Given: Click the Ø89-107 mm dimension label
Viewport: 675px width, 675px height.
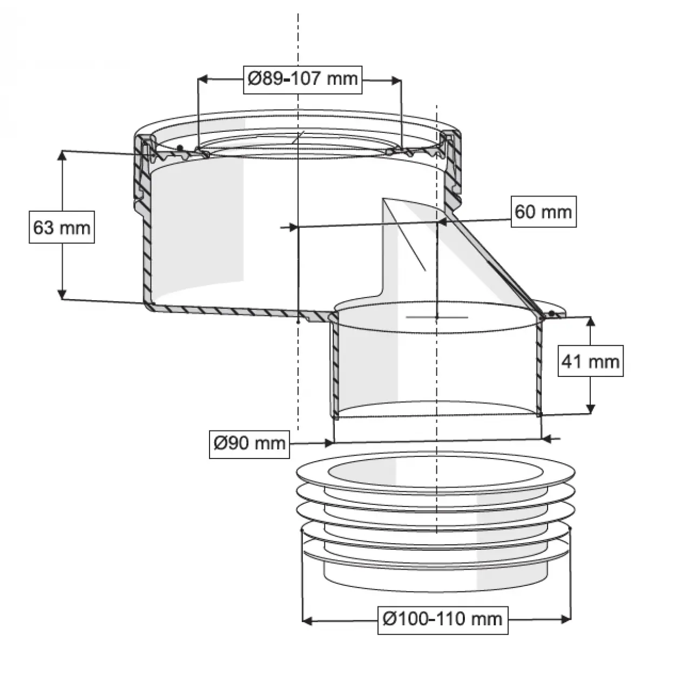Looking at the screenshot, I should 302,79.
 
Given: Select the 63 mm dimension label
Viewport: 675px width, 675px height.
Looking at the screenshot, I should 62,227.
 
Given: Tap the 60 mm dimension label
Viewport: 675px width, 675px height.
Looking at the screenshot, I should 543,211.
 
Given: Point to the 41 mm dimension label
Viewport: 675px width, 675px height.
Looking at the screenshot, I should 590,361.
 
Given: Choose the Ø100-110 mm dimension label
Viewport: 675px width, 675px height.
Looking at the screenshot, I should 443,618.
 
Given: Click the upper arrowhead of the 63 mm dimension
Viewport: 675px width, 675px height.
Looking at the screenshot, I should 62,156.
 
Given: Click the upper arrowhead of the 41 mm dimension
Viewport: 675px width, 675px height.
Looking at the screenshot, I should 590,322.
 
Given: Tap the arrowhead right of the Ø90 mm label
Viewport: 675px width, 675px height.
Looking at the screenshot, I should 328,443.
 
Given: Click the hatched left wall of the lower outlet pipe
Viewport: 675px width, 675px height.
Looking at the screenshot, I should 334,367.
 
